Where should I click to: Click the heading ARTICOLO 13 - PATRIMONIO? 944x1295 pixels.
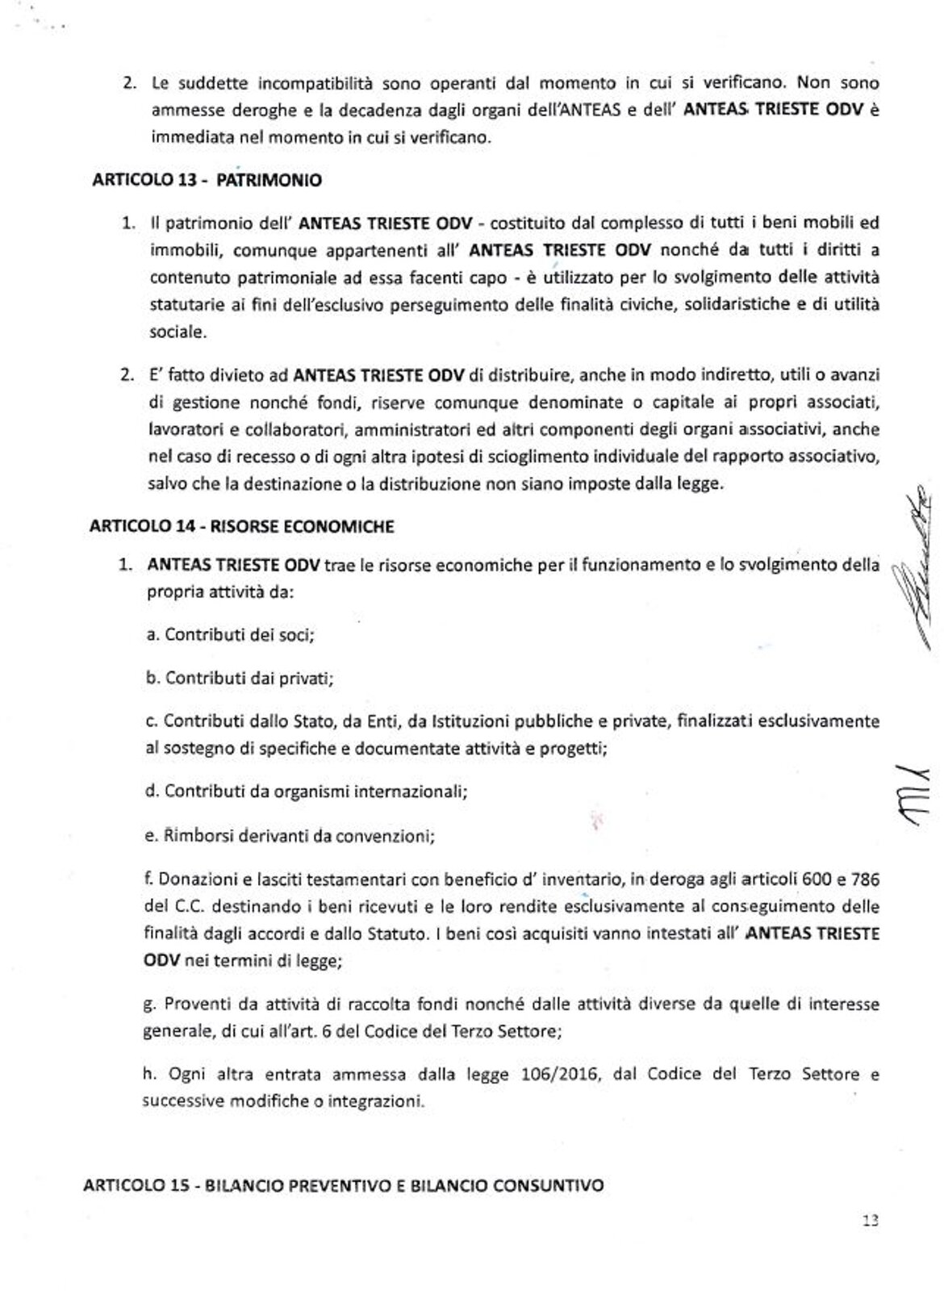[207, 180]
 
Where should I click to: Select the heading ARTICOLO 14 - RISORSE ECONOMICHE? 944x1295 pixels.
[241, 527]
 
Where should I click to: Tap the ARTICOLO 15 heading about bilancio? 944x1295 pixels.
[343, 1186]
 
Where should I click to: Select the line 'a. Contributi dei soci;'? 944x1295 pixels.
[230, 634]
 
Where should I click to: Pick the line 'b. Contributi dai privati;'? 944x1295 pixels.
[240, 678]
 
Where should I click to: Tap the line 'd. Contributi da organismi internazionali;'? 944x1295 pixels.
[307, 791]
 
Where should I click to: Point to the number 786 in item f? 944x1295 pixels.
[864, 878]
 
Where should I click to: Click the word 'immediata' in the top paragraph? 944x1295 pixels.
[186, 137]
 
